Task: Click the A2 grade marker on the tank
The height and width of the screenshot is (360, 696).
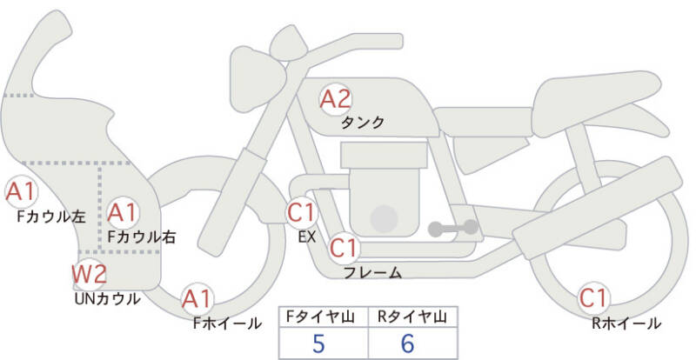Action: [336, 99]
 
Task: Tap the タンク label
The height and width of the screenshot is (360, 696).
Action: [363, 122]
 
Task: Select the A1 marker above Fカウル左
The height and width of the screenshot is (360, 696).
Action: [21, 192]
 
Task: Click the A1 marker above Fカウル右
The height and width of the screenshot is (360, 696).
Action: [124, 213]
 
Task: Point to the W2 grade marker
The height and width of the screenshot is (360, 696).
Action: [90, 274]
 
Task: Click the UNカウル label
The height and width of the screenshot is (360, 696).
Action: [108, 299]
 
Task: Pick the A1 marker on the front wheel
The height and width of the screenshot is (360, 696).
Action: [197, 299]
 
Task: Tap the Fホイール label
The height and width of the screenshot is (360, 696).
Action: [227, 323]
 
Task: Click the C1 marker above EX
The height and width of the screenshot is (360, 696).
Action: [301, 212]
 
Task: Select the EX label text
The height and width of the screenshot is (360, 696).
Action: [307, 237]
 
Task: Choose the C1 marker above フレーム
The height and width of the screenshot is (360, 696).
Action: [344, 248]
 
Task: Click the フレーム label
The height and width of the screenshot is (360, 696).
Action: [373, 272]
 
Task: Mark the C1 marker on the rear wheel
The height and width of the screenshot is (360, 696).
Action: [593, 298]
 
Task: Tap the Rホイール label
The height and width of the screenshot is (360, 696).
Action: [626, 323]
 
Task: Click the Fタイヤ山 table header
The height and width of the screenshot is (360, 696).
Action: [320, 317]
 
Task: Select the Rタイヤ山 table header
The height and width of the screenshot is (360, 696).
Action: [412, 317]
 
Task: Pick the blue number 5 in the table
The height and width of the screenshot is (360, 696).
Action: [318, 343]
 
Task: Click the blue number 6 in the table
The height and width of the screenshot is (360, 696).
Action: [407, 343]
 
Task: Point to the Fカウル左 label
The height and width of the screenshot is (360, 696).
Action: [51, 217]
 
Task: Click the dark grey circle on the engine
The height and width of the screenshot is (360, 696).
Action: [384, 218]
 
